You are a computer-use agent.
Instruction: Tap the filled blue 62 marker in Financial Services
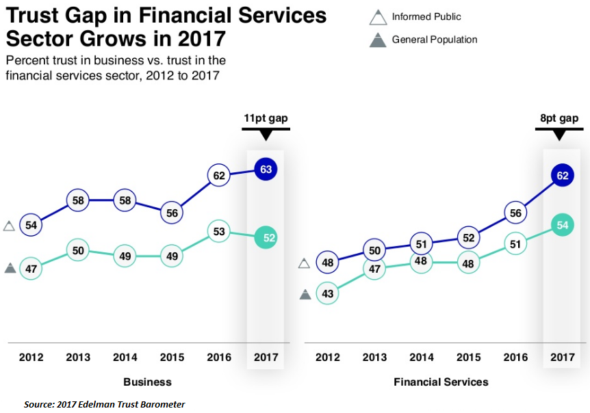point(563,176)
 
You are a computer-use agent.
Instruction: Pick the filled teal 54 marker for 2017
point(563,225)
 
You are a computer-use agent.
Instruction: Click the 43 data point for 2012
point(328,293)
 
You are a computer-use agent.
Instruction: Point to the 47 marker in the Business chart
point(31,268)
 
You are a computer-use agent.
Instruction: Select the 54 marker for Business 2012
point(31,225)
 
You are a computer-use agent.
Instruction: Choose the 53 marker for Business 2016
point(218,231)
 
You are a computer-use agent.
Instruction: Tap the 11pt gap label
point(266,118)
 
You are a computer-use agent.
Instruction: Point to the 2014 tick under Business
point(125,358)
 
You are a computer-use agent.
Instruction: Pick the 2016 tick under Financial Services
point(515,358)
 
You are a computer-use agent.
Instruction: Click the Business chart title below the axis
point(147,382)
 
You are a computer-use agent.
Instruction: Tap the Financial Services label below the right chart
point(441,382)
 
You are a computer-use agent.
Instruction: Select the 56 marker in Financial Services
point(515,212)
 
